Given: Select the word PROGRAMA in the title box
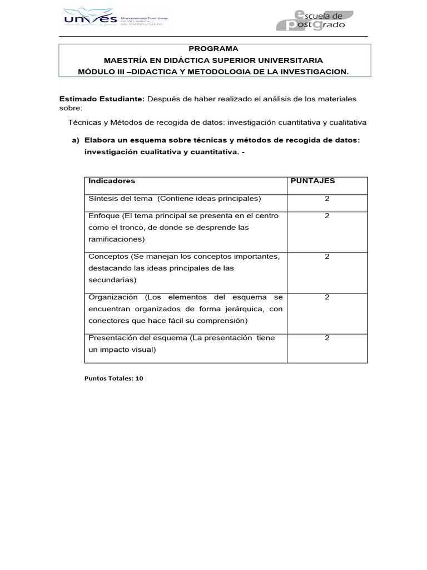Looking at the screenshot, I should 213,48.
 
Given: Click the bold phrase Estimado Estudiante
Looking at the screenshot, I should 102,99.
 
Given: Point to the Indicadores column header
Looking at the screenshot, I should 112,181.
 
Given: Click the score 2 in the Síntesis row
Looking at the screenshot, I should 327,199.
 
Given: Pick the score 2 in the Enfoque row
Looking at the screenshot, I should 327,215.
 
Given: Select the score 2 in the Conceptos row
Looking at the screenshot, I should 327,257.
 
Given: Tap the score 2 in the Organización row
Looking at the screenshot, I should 327,297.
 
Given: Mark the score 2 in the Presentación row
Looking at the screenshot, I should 327,338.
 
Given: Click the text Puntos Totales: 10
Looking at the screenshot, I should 114,378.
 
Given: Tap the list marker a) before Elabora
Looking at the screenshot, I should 76,140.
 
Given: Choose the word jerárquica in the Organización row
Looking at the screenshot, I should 242,309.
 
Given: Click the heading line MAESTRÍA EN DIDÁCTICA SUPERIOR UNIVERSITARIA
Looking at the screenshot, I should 213,60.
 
